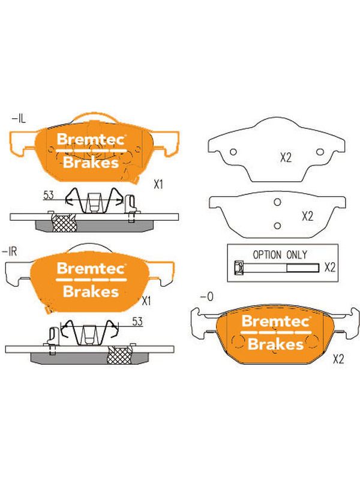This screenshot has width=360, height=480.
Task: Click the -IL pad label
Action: pyautogui.click(x=19, y=118)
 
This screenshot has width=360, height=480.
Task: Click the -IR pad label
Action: pyautogui.click(x=10, y=252)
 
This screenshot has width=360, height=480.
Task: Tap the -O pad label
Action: pyautogui.click(x=206, y=296)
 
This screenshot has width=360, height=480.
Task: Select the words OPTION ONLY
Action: pyautogui.click(x=280, y=254)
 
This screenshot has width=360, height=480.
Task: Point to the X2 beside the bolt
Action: pyautogui.click(x=330, y=267)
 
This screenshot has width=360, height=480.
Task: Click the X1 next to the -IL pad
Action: pyautogui.click(x=158, y=185)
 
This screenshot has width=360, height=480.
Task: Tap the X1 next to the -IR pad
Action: pyautogui.click(x=146, y=301)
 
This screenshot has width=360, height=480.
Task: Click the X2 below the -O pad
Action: pyautogui.click(x=338, y=359)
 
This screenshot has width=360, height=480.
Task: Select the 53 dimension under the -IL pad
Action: pyautogui.click(x=49, y=195)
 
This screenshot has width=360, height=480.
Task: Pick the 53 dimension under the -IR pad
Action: pyautogui.click(x=137, y=321)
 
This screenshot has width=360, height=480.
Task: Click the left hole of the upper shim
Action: pyautogui.click(x=233, y=152)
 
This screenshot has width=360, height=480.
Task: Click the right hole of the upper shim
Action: pyautogui.click(x=320, y=152)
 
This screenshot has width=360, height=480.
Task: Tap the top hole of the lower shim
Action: pyautogui.click(x=277, y=202)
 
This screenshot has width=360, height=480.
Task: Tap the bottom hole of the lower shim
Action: pyautogui.click(x=277, y=226)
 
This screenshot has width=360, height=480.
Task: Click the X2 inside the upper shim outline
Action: pyautogui.click(x=286, y=158)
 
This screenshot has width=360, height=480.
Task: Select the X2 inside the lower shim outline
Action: pyautogui.click(x=308, y=217)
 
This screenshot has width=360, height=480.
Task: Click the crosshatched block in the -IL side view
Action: pyautogui.click(x=64, y=222)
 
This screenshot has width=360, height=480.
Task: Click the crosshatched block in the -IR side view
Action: pyautogui.click(x=119, y=355)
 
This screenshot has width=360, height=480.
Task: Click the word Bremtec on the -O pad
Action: pyautogui.click(x=275, y=321)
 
